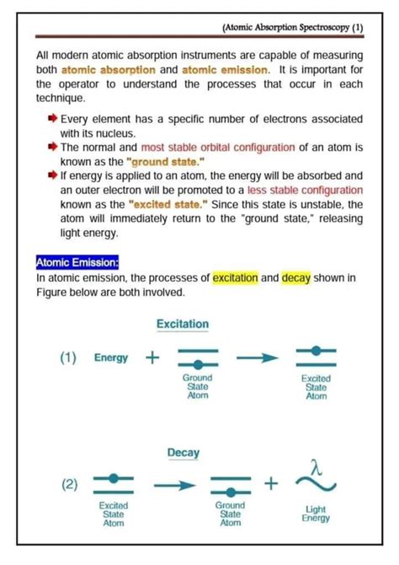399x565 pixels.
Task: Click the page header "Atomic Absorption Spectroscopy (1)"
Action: tap(293, 26)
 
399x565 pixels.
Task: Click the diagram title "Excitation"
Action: tap(183, 325)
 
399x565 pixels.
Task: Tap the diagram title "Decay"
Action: tap(183, 453)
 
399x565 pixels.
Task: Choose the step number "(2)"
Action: tap(70, 485)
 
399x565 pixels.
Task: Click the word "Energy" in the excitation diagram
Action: tap(111, 358)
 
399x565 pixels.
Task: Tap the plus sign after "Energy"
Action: tap(152, 358)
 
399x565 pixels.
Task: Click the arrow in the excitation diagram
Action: tap(257, 358)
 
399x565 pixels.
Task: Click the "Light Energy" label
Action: tap(317, 514)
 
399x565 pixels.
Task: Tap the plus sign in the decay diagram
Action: tap(270, 484)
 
